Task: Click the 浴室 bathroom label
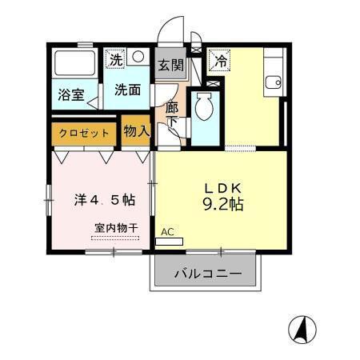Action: coord(70,94)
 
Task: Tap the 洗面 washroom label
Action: coord(126,90)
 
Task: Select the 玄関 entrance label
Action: coord(169,64)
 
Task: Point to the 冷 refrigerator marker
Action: coord(218,58)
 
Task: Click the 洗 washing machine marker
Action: coord(117,58)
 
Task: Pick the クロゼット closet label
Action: coord(84,133)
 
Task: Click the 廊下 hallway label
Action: coord(172,114)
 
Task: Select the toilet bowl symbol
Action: coord(203,107)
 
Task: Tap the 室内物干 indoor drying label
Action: coord(115,227)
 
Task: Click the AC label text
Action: coord(167,232)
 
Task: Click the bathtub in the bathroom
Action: coord(74,65)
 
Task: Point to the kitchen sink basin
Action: coord(274,81)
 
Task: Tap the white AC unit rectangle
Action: coord(170,241)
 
